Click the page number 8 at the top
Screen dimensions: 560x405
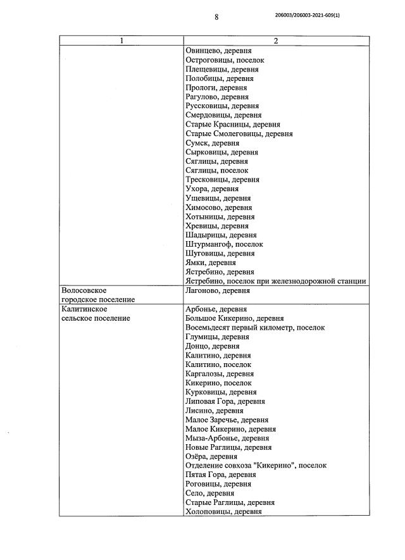click(216, 18)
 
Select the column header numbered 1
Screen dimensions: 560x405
click(121, 41)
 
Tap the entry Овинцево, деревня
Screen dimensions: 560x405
click(218, 51)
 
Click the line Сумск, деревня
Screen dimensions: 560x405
click(212, 143)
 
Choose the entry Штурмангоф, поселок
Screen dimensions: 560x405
click(225, 244)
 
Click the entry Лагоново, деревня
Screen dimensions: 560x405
click(218, 290)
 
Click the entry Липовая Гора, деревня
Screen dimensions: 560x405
click(225, 401)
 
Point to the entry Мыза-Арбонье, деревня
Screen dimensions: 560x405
click(227, 438)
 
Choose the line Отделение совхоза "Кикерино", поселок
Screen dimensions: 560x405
click(256, 465)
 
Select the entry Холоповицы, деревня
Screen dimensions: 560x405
click(223, 511)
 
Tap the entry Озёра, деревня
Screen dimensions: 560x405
click(212, 456)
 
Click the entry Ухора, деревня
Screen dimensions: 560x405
click(212, 189)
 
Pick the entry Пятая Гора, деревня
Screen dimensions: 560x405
click(220, 475)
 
